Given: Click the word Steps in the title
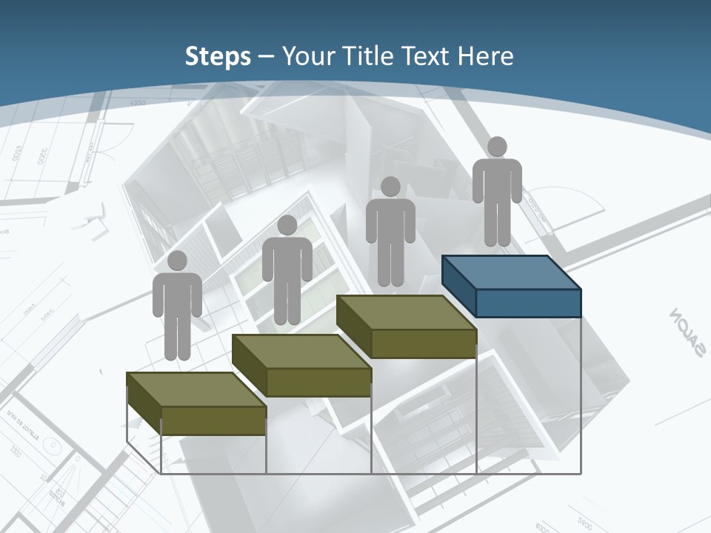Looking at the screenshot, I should coord(218,56).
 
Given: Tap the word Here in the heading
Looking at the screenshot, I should coord(486,56).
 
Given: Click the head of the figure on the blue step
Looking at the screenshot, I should coord(497,147).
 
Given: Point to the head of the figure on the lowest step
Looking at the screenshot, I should coord(177,261).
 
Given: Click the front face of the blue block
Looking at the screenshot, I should coord(528,303).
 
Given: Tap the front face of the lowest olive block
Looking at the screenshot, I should coord(213,420).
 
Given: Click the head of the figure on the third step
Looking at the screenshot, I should coord(390,187).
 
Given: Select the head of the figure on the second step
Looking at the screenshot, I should coord(287,225).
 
